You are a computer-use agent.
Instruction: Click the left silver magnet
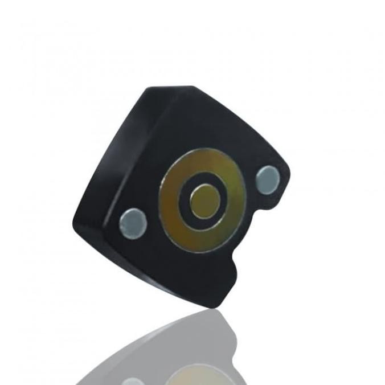[133, 222]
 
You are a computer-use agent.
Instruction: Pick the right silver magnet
[267, 179]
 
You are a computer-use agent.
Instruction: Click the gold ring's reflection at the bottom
[196, 373]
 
